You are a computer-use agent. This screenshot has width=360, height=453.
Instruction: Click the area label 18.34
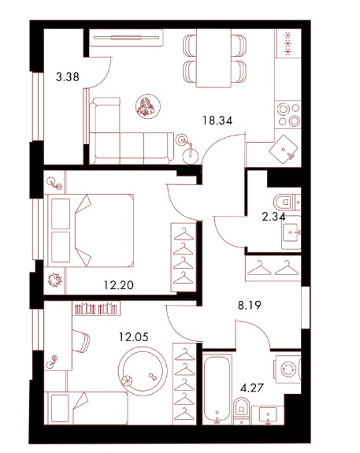(217, 121)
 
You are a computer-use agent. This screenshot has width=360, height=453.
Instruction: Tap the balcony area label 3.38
(67, 77)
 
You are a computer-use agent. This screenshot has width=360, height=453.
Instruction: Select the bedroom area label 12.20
(119, 285)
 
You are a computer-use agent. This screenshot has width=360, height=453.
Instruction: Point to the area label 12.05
(134, 337)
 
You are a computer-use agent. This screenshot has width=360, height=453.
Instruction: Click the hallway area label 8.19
(250, 305)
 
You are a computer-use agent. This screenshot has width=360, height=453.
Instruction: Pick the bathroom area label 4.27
(252, 388)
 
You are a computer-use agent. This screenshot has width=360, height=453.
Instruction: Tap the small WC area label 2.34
(273, 217)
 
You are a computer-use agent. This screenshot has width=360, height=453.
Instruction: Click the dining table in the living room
(213, 58)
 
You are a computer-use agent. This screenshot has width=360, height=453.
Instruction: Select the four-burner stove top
(288, 114)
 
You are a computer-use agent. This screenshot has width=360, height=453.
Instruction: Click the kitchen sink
(284, 149)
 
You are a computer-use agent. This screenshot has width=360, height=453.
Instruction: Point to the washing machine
(288, 369)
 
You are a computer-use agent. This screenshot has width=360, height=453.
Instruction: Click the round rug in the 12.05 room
(143, 371)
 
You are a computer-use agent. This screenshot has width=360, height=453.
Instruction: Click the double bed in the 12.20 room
(89, 230)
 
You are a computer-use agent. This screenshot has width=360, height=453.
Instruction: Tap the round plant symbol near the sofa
(148, 106)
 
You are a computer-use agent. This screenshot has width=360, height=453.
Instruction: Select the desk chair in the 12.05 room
(80, 341)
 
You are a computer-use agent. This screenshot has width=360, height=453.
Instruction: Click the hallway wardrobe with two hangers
(273, 269)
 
